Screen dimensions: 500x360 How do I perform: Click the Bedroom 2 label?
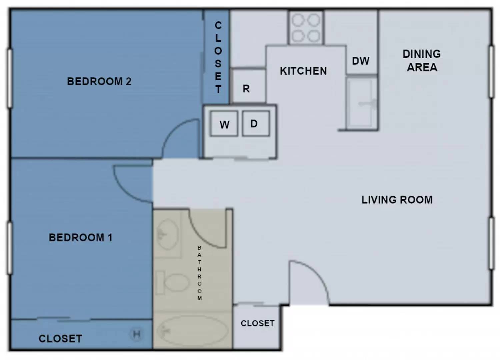click(x=99, y=81)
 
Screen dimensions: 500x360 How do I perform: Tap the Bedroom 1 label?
click(x=81, y=237)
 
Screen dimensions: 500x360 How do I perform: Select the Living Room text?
click(x=397, y=200)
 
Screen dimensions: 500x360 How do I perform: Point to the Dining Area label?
click(x=422, y=61)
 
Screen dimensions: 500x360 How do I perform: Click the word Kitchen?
click(x=303, y=71)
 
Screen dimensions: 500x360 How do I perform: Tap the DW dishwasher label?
click(x=361, y=61)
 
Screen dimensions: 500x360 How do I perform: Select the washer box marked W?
click(x=224, y=123)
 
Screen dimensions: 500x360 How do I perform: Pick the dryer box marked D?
click(x=256, y=123)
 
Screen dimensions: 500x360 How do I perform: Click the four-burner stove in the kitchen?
click(x=306, y=28)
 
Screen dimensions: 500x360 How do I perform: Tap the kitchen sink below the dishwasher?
click(x=362, y=103)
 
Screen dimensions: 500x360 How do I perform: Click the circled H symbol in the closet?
click(x=136, y=334)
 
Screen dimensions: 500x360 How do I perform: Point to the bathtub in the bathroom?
click(x=192, y=331)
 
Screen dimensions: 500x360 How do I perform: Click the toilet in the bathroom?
click(x=172, y=282)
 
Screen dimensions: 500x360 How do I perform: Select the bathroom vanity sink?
click(x=168, y=234)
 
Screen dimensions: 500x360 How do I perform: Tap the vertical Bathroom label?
click(x=199, y=273)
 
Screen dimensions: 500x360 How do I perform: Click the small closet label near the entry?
click(x=258, y=323)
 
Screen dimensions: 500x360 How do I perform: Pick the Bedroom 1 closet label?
click(x=60, y=339)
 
